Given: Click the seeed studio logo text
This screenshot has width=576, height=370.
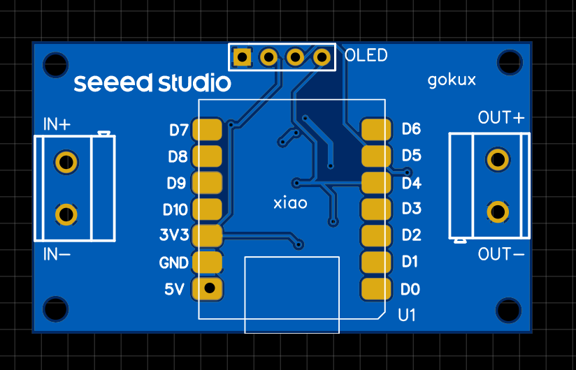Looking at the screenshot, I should click(x=152, y=83).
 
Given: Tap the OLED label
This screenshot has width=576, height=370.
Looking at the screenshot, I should click(x=366, y=55).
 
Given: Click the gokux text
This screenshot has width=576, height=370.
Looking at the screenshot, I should click(x=452, y=80).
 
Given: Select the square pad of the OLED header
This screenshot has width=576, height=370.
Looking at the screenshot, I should click(x=242, y=57).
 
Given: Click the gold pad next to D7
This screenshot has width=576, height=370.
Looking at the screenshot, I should click(x=207, y=129).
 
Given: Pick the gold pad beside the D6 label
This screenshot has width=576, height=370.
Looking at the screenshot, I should click(x=375, y=129).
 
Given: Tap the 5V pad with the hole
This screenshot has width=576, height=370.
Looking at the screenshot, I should click(x=208, y=288).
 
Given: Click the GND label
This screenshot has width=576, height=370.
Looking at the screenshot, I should click(x=174, y=262).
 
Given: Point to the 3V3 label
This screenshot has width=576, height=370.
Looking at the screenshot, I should click(x=174, y=235).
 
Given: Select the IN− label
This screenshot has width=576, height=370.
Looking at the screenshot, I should click(x=57, y=254).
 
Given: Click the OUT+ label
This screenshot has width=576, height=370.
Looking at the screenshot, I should click(x=501, y=118).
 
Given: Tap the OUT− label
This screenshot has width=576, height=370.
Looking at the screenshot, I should click(x=501, y=254).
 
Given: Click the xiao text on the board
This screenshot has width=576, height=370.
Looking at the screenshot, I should click(x=290, y=203).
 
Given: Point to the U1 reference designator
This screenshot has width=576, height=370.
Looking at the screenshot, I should click(x=406, y=315).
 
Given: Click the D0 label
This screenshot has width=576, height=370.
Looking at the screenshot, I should click(x=410, y=288).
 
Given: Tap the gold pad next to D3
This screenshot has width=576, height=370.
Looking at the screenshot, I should click(x=375, y=209).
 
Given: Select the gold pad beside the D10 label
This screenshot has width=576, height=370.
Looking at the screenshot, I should click(x=207, y=209).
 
